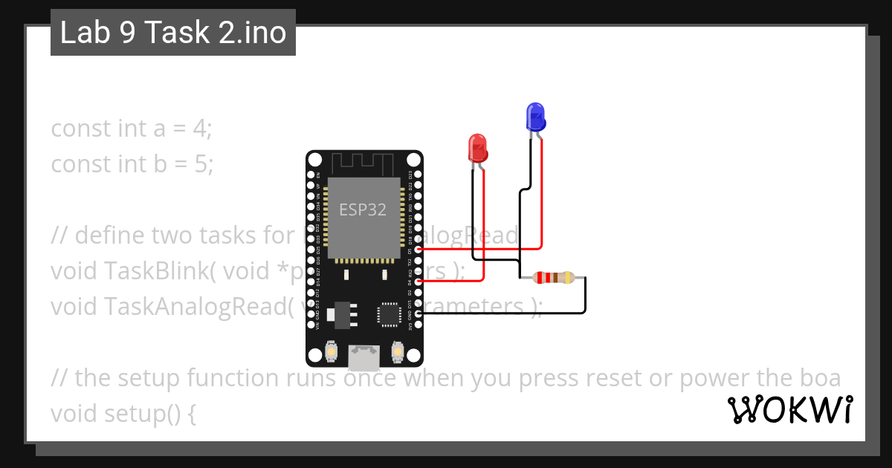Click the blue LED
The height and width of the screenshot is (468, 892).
[x=535, y=117]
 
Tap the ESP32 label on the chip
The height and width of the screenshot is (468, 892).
[x=363, y=209]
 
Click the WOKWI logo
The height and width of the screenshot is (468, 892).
[x=789, y=409]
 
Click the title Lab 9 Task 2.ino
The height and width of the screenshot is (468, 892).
[x=173, y=33]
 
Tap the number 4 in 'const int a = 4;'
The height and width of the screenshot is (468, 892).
[x=199, y=129]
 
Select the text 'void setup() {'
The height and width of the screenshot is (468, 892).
[x=123, y=414]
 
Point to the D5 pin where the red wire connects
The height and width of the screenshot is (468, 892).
[x=419, y=250]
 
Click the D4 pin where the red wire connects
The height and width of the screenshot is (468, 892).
[x=419, y=282]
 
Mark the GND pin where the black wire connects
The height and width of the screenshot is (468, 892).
[x=419, y=314]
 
